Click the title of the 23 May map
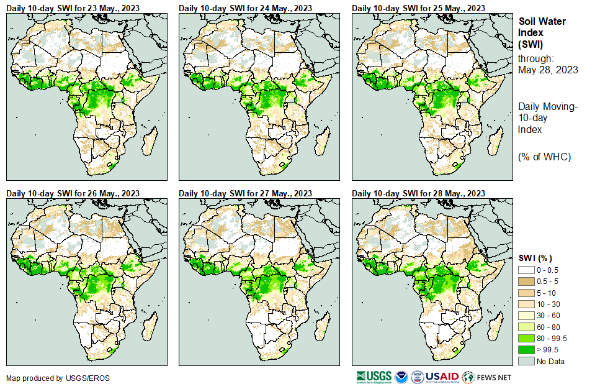coord(73,8)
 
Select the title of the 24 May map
coord(246,8)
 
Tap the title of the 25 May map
coord(419,8)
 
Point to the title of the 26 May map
coord(73,193)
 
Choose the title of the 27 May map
coord(246,193)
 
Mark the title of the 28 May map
coord(419,193)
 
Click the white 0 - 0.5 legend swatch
coord(526,270)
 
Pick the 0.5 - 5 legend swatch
coord(526,281)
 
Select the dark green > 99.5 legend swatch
coord(526,350)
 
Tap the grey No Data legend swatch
coord(526,361)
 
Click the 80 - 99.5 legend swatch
coord(526,338)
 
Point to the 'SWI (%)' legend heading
coord(535,258)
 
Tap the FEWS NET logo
coord(487,377)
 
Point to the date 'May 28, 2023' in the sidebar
coord(548,70)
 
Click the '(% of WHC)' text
coord(544,157)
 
